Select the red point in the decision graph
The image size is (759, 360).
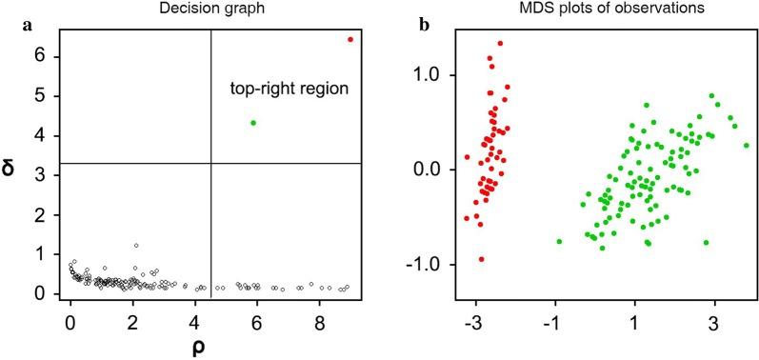coord(350,39)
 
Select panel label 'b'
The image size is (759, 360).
coord(425,25)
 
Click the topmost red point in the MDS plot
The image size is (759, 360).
coord(500,43)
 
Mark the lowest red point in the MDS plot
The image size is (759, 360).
coord(482,259)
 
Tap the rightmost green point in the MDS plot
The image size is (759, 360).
coord(747,146)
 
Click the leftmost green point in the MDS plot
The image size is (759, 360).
coord(559,241)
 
